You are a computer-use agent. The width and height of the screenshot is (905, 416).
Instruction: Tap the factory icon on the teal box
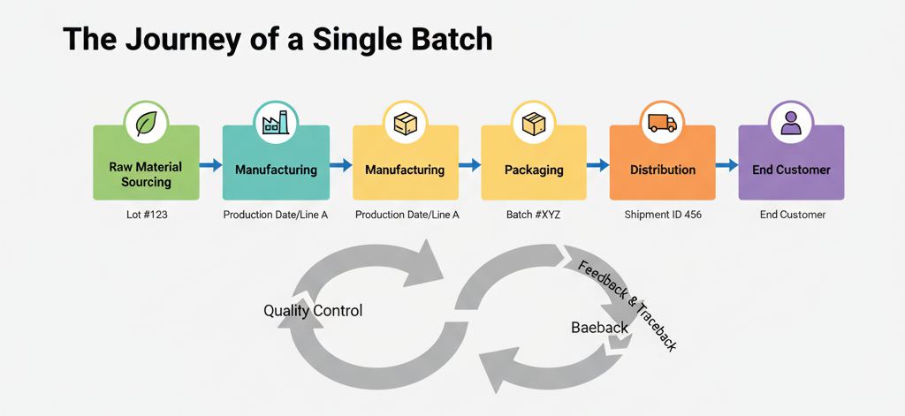click(275, 123)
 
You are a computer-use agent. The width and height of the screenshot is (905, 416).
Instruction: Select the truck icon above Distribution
click(662, 123)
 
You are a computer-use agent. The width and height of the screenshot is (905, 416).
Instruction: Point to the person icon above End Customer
click(791, 123)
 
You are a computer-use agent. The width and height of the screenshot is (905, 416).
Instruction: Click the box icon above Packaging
click(533, 123)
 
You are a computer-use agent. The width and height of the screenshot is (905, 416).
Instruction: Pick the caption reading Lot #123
click(146, 215)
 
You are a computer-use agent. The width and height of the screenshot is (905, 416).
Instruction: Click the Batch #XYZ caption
click(533, 215)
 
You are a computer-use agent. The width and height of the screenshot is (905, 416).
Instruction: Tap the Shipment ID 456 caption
click(662, 215)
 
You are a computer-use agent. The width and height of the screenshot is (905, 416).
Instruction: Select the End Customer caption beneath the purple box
click(792, 215)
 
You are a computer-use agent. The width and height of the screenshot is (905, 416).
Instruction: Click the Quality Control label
click(313, 311)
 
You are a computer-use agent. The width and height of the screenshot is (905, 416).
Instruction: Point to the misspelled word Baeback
click(599, 328)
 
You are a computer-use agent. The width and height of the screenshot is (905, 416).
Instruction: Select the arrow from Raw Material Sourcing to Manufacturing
click(210, 164)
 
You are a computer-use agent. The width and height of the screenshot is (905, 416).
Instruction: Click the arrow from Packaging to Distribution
click(597, 164)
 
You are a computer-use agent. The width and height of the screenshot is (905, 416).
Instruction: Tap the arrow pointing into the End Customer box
click(726, 164)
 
